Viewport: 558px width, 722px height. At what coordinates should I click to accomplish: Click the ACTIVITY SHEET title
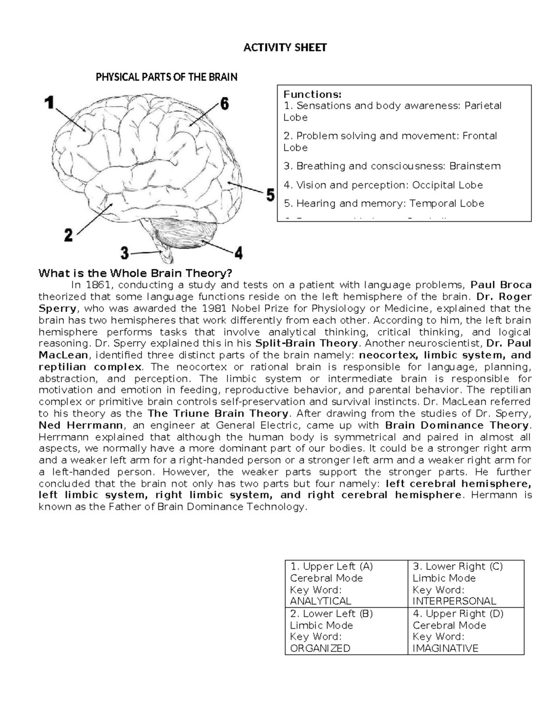(285, 47)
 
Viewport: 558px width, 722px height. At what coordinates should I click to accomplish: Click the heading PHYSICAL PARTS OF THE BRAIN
(166, 77)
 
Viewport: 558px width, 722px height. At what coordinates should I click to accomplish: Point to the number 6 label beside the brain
(224, 104)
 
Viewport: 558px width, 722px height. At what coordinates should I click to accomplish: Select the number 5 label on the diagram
(270, 195)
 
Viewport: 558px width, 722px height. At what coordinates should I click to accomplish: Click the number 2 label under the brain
(68, 235)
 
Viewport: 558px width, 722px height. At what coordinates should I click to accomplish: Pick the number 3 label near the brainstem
(124, 253)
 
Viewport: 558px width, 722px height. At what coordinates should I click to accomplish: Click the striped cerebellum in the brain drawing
(186, 235)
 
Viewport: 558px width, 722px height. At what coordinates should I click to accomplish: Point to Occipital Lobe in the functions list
(448, 185)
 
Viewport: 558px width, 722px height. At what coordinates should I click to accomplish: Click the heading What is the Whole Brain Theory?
(135, 273)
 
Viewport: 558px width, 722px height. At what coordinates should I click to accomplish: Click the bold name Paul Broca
(501, 285)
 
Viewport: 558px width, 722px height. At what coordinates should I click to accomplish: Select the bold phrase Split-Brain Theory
(307, 344)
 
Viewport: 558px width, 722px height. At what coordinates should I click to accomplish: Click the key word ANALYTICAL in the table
(320, 601)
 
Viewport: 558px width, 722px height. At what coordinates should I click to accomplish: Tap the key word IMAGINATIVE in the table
(445, 648)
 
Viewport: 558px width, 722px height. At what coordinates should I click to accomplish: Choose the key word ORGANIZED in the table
(320, 648)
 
